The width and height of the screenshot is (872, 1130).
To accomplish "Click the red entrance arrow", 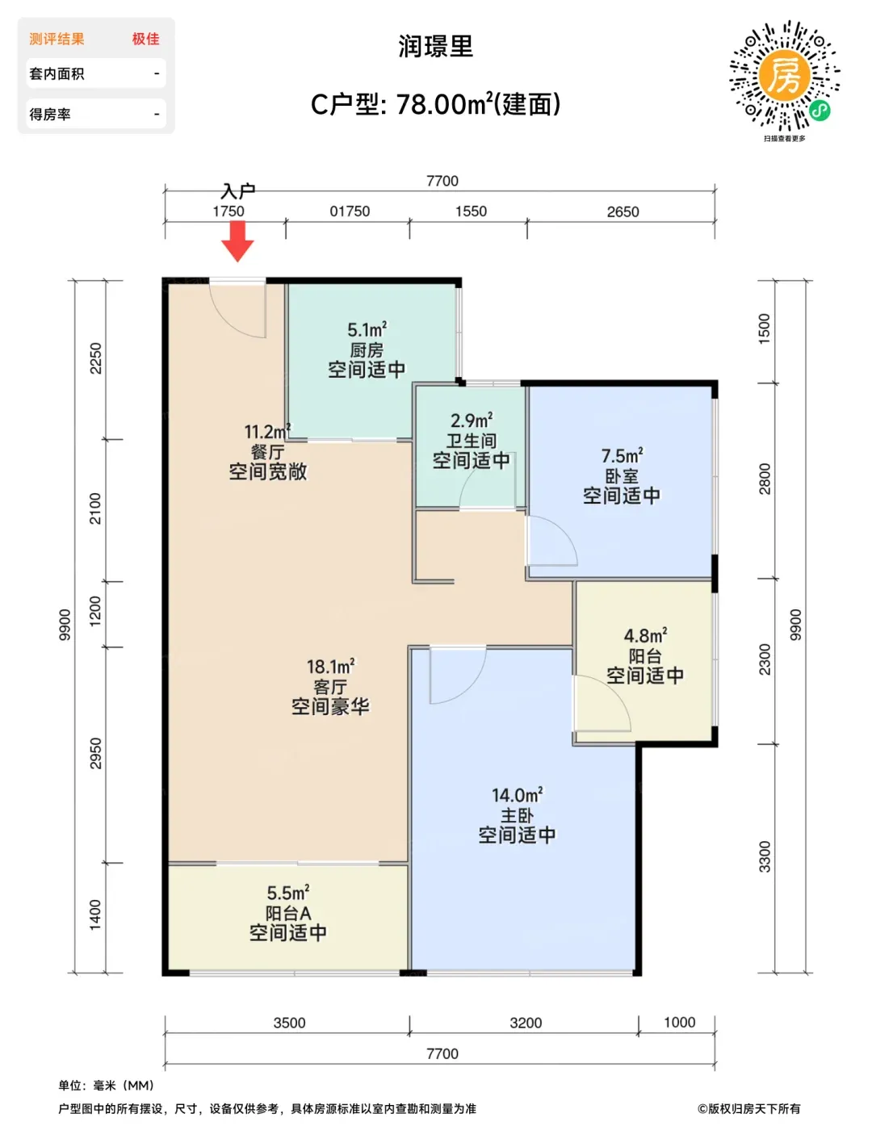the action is [237, 241].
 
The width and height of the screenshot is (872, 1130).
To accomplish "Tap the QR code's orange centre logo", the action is [784, 75].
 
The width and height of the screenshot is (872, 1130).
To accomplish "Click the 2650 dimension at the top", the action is [623, 211].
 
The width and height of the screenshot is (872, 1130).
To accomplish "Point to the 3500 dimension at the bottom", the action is [289, 1023].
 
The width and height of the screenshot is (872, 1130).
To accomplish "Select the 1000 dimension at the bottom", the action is [679, 1022].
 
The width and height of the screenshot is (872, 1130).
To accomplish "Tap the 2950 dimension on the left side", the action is [95, 753].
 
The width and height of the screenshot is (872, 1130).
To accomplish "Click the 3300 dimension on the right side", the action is [764, 856].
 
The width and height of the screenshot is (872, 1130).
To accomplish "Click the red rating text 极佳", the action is [145, 39].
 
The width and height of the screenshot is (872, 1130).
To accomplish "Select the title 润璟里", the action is [436, 46].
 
